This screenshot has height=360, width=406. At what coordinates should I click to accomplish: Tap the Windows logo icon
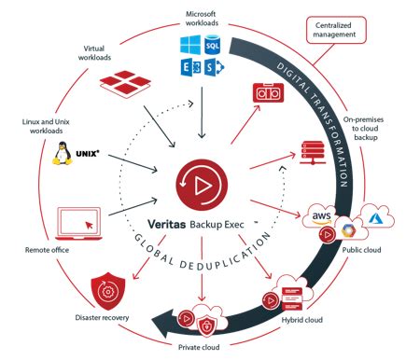pyautogui.click(x=191, y=46)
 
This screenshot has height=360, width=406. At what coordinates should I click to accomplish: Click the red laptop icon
pyautogui.click(x=78, y=221)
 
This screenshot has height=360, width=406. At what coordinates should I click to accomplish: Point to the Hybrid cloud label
pyautogui.click(x=304, y=320)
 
